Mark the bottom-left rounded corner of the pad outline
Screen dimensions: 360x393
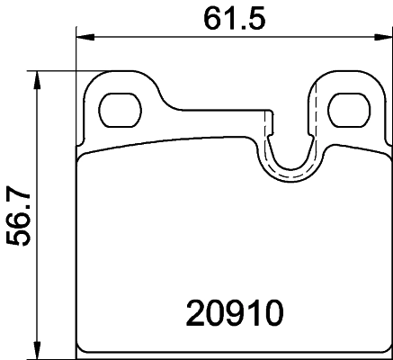pos(84,347)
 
